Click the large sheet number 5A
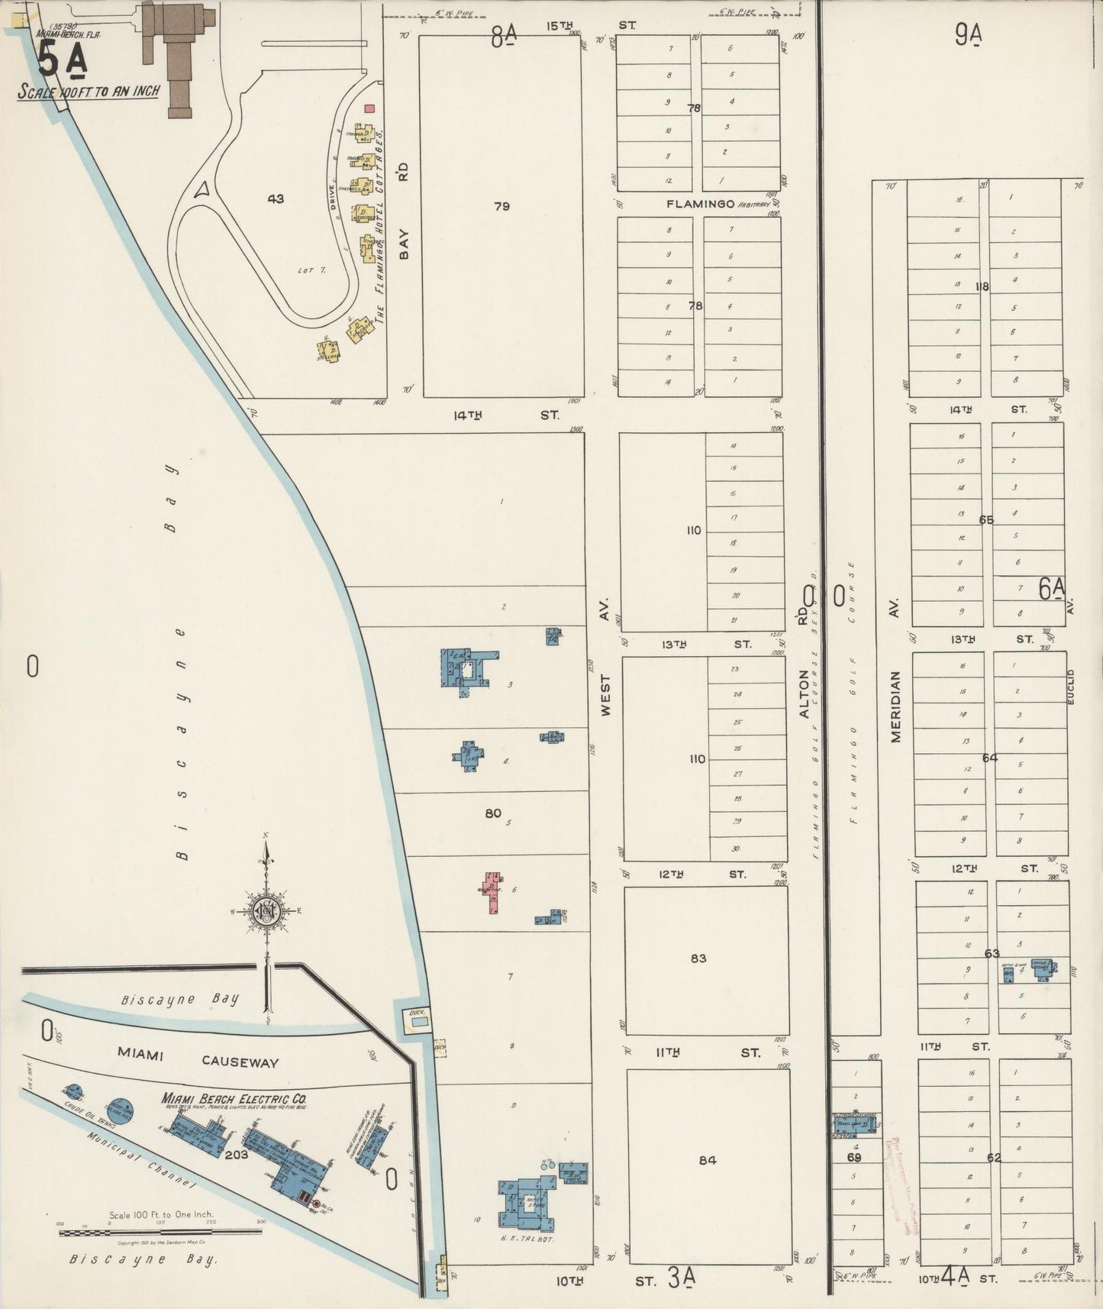pos(61,62)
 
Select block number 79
pos(502,206)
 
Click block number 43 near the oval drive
pos(276,199)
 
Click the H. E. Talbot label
pos(529,1239)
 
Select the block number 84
pos(708,1160)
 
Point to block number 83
pos(698,958)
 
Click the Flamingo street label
pos(700,204)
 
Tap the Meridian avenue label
pos(896,706)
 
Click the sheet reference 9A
pos(968,36)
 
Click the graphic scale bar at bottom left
pos(160,1231)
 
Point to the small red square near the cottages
pos(369,108)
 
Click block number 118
pos(982,286)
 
